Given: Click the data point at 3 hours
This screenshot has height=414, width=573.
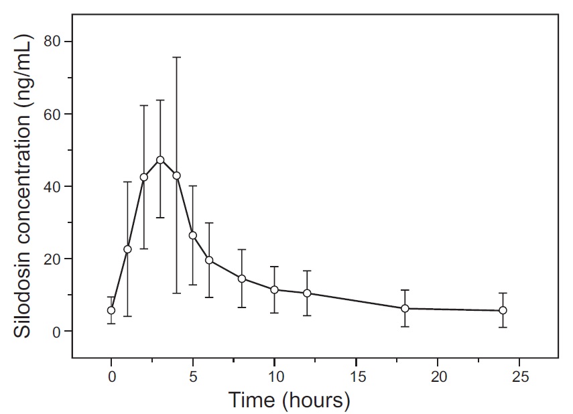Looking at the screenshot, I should pyautogui.click(x=160, y=160).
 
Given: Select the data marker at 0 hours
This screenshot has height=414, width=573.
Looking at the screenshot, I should pyautogui.click(x=111, y=310).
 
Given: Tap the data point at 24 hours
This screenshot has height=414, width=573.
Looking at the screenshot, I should pyautogui.click(x=503, y=310).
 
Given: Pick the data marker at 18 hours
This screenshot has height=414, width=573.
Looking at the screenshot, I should pyautogui.click(x=405, y=308).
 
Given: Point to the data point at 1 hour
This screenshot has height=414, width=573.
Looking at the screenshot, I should pyautogui.click(x=127, y=249).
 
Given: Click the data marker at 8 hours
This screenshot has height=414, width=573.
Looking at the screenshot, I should pyautogui.click(x=242, y=279).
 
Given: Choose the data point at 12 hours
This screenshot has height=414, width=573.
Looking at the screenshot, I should pyautogui.click(x=307, y=293).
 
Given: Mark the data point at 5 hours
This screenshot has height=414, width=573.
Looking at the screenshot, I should pyautogui.click(x=193, y=235).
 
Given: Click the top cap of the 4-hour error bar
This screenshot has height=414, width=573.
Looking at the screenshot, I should pyautogui.click(x=177, y=58).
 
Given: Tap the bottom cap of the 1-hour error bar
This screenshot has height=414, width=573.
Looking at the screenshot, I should pyautogui.click(x=127, y=316).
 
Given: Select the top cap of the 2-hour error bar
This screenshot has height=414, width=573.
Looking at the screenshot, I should pyautogui.click(x=144, y=105).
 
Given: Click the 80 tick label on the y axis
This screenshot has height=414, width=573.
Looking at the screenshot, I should pyautogui.click(x=52, y=42).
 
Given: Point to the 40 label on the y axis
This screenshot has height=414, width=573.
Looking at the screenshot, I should pyautogui.click(x=52, y=186).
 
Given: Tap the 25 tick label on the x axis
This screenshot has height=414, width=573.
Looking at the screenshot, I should pyautogui.click(x=519, y=377).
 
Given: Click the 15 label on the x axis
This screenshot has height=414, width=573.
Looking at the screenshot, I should pyautogui.click(x=356, y=377).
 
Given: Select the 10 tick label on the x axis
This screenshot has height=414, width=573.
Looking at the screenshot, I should pyautogui.click(x=275, y=377).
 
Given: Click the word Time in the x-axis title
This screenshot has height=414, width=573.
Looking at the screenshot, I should pyautogui.click(x=252, y=400).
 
